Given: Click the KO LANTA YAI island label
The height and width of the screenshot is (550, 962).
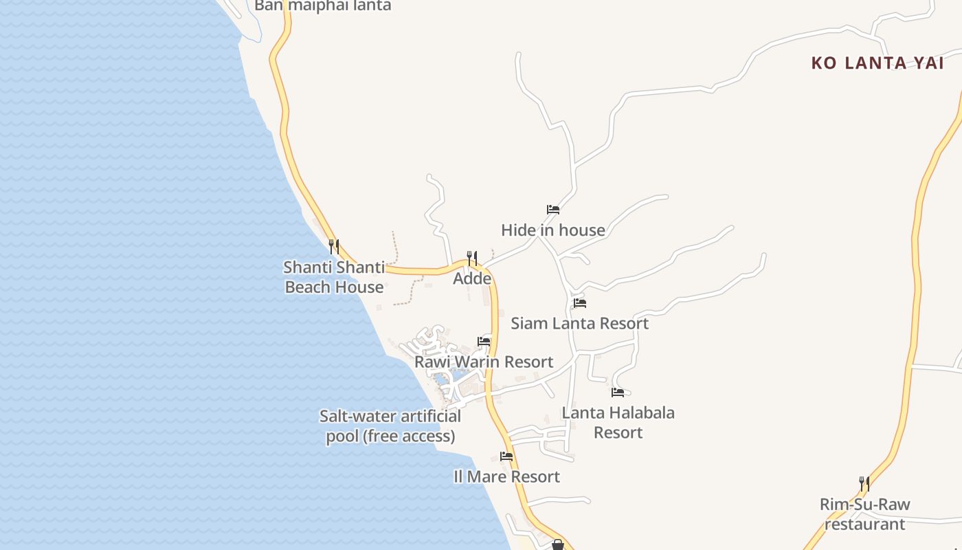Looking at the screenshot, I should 877,63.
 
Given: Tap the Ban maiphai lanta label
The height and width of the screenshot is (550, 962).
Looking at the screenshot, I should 322,5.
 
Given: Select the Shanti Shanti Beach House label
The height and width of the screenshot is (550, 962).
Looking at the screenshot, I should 334,277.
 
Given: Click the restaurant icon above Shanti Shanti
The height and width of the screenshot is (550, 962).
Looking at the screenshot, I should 333,246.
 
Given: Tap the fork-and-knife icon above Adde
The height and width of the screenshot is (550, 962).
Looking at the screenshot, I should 472,258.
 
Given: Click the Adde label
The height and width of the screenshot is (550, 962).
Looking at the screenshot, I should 472,278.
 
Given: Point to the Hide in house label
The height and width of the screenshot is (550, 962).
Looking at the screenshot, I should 553,230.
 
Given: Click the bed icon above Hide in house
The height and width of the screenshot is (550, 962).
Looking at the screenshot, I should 553,210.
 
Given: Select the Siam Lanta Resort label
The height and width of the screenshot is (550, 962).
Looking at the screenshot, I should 579,323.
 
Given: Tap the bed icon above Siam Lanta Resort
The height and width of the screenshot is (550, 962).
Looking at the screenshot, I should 580,303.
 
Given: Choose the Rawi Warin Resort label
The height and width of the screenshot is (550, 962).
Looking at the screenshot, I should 484,362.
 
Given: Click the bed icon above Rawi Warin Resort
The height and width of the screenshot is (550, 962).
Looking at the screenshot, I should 484,342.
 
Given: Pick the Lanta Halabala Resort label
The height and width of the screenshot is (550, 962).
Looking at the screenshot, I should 618,422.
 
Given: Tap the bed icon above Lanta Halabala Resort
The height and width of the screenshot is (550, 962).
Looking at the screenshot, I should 618,393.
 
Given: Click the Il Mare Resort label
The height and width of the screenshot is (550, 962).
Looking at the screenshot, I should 506,476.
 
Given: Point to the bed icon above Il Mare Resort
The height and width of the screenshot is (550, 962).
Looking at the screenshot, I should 506,456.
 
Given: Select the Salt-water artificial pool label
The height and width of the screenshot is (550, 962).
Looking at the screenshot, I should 390,426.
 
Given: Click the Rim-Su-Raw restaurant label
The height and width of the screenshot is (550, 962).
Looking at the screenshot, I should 864,514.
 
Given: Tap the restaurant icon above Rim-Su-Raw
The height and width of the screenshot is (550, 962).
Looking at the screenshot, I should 864,484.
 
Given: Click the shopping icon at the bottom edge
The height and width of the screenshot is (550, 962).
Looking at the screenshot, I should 558,545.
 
